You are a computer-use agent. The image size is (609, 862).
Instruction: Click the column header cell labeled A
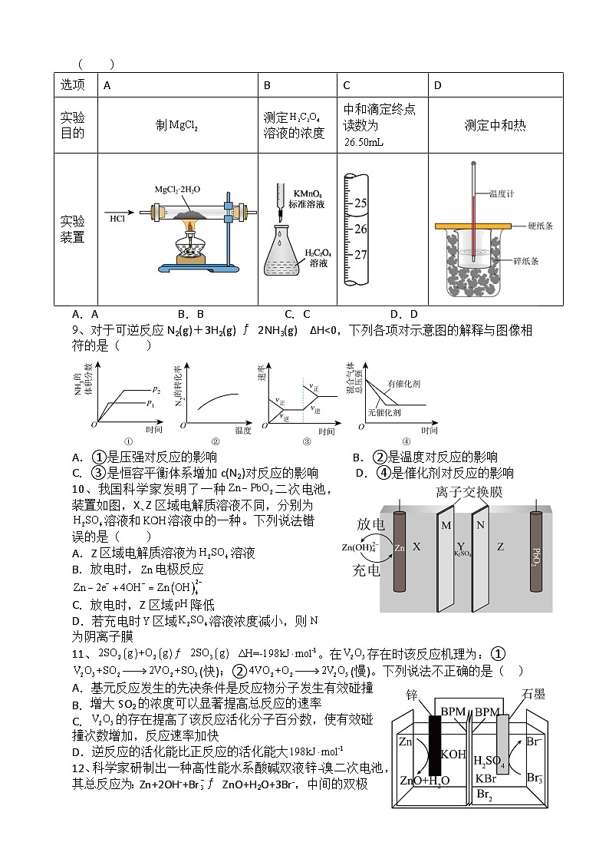107,85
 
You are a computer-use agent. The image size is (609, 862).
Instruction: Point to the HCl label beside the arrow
117,218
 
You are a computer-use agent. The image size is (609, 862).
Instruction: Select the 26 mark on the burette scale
361,229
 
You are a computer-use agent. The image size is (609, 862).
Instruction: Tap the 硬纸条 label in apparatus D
540,226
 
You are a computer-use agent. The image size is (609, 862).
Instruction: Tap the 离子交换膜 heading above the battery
459,492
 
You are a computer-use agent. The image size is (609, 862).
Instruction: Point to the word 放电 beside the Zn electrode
370,523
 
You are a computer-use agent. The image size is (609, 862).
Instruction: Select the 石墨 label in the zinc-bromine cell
533,694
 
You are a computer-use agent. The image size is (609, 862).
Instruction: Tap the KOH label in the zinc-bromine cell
453,755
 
